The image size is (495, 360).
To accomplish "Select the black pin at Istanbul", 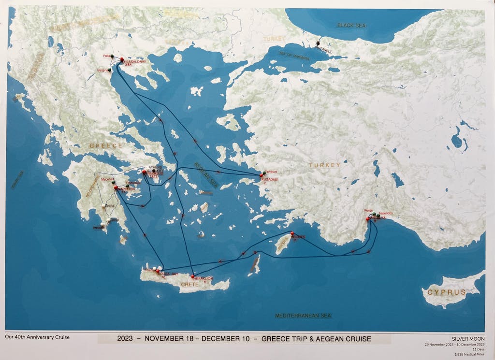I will tap(318, 43).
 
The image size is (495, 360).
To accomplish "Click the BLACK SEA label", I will tap(351, 25).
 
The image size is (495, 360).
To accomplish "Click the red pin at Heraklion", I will tap(193, 276).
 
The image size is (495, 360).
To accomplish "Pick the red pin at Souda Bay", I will tap(158, 271).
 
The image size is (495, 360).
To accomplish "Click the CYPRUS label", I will tap(447, 292).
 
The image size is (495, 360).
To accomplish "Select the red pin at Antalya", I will tap(368, 219).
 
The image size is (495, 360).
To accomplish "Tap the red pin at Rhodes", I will tap(291, 234).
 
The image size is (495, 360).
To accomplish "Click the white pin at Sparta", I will tap(104, 206).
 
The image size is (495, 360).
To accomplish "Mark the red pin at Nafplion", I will tap(116, 187).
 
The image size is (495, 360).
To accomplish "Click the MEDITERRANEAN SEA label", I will tap(304, 316).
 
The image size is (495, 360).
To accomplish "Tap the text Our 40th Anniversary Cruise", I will tap(37, 337).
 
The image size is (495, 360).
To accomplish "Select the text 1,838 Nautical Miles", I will tap(468, 355).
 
